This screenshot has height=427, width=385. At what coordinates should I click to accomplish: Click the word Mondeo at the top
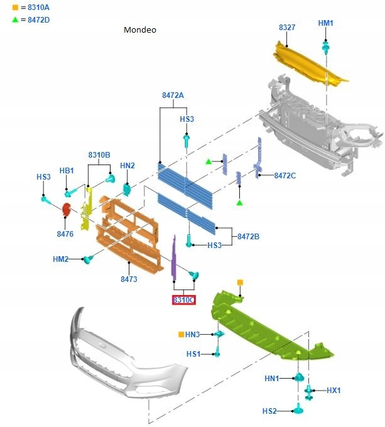[x=139, y=30]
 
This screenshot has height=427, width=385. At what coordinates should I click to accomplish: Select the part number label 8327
[x=288, y=28]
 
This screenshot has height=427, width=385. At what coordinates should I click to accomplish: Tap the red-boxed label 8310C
[x=184, y=300]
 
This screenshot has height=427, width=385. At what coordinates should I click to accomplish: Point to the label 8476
[x=65, y=234]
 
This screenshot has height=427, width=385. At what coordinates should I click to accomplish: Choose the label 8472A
[x=172, y=95]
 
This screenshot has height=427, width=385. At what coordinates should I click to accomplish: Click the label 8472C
[x=285, y=176]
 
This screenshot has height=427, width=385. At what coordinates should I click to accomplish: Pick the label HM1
[x=325, y=23]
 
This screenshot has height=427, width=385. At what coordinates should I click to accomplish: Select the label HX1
[x=333, y=390]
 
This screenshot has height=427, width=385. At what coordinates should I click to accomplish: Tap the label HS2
[x=269, y=411]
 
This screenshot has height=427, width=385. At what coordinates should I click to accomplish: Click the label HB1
[x=67, y=170]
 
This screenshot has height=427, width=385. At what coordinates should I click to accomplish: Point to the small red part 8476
[x=66, y=210]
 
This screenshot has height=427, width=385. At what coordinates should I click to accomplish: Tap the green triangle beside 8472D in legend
[x=15, y=19]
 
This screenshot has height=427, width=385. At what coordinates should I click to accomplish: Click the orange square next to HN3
[x=180, y=334]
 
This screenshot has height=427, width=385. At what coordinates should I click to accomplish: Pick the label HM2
[x=61, y=259]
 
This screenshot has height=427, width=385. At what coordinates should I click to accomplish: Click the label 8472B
[x=248, y=237]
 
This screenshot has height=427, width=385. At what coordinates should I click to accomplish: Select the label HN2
[x=127, y=166]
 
